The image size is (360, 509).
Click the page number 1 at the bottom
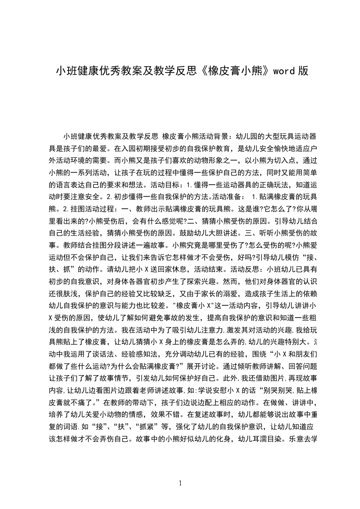[x=181, y=483]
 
